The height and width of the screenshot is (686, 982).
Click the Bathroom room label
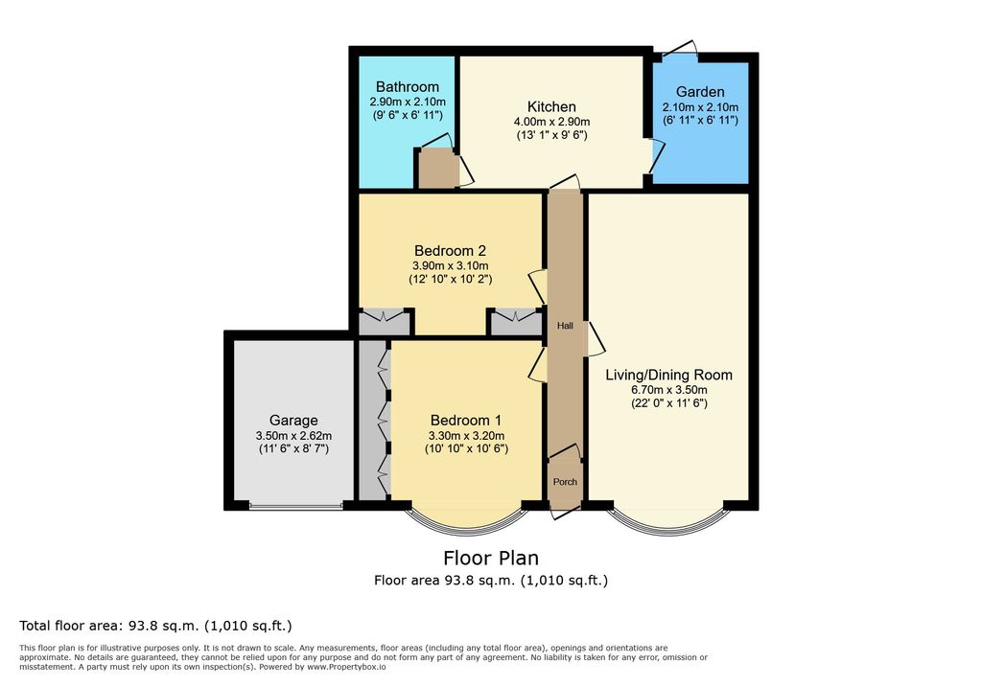point(407,87)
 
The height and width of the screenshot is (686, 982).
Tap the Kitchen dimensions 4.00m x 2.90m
point(551,122)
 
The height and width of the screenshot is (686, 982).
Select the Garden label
point(700,92)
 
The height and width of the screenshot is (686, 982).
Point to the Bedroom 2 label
point(450,251)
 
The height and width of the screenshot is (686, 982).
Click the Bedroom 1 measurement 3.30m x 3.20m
point(467,436)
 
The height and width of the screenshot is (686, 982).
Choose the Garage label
point(293,421)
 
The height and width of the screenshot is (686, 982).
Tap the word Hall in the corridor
point(565,326)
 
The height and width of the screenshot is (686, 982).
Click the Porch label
point(565,482)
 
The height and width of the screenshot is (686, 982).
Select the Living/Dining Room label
point(668,375)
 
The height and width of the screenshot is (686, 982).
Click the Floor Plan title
point(491,558)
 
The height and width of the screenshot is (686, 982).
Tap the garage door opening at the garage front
point(295,505)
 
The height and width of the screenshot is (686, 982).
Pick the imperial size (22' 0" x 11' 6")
point(668,403)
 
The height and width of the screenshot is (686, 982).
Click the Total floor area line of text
point(155,626)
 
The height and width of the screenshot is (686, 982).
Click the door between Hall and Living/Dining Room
point(595,338)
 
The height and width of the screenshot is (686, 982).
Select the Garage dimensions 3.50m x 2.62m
point(293,436)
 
